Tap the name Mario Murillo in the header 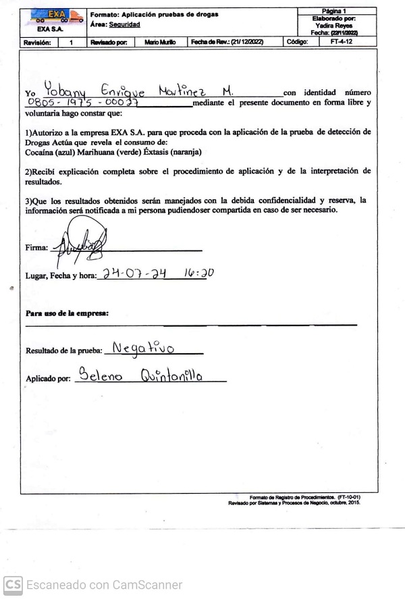(x=160, y=42)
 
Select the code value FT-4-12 (x=341, y=42)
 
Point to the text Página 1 (x=335, y=11)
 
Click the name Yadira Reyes (x=334, y=25)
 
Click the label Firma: (x=36, y=248)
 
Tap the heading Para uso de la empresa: (x=67, y=313)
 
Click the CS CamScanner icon (x=13, y=585)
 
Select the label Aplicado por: (x=48, y=379)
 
